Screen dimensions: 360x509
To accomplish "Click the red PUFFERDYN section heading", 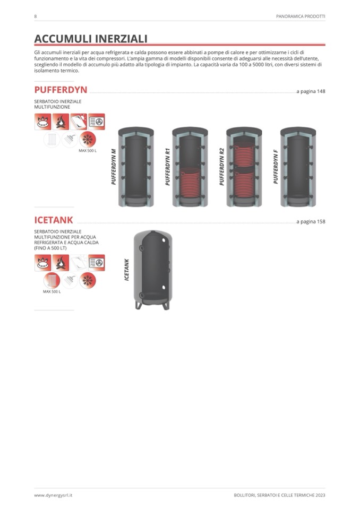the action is point(61,90).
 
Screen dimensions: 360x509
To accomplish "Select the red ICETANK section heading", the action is point(54,220).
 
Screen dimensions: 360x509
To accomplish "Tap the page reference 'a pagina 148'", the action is point(311,91).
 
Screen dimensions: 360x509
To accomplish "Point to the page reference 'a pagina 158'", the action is point(311,222).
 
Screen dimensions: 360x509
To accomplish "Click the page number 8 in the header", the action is point(36,16).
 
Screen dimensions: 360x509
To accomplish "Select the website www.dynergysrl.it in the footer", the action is point(53,495).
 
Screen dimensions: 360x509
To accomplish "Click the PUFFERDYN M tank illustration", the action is point(136,167).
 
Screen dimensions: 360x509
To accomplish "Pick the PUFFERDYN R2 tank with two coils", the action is point(244,167).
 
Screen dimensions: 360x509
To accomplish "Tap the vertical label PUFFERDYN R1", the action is point(167,167).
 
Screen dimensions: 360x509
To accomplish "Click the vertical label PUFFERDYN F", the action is point(276,167).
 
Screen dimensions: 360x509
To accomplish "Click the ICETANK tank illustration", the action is point(152,270).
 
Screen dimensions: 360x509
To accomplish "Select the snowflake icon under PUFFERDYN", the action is point(88,140).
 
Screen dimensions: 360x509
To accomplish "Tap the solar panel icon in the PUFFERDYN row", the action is point(79,122).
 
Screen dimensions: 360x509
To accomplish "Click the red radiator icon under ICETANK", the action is point(52,280).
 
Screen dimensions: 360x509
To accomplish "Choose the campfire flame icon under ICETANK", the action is point(61,263).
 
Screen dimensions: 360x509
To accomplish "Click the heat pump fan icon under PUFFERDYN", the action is point(97,122).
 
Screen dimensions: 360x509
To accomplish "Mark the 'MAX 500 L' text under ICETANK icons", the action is point(52,292).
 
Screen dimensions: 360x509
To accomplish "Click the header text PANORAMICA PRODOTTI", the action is point(301,16).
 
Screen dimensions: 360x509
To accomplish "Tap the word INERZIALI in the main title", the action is point(119,39).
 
